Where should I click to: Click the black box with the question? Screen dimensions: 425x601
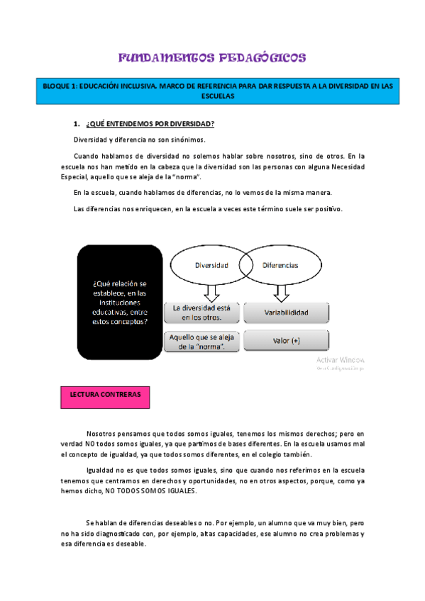tap(119, 302)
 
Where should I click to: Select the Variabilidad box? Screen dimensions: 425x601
tap(286, 312)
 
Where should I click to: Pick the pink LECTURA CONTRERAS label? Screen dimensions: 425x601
tap(105, 393)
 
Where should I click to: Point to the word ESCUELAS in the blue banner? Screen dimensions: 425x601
tap(217, 99)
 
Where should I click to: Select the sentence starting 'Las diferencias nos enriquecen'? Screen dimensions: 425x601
tap(208, 209)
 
